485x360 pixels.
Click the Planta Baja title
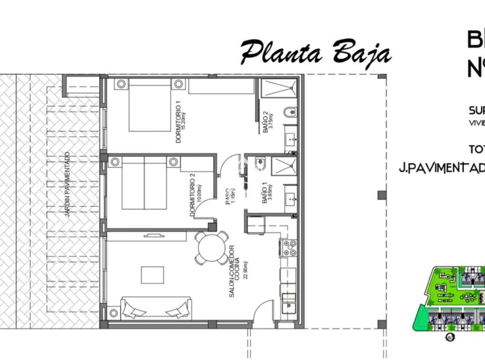pos(315,52)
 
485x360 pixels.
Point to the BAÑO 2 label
pos(266,123)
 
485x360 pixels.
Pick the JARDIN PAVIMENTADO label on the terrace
pos(67,185)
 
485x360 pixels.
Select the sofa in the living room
pos(156,308)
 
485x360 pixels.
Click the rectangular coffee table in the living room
pos(152,275)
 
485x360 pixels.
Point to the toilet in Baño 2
pos(290,113)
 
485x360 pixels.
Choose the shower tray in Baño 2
pos(279,89)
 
